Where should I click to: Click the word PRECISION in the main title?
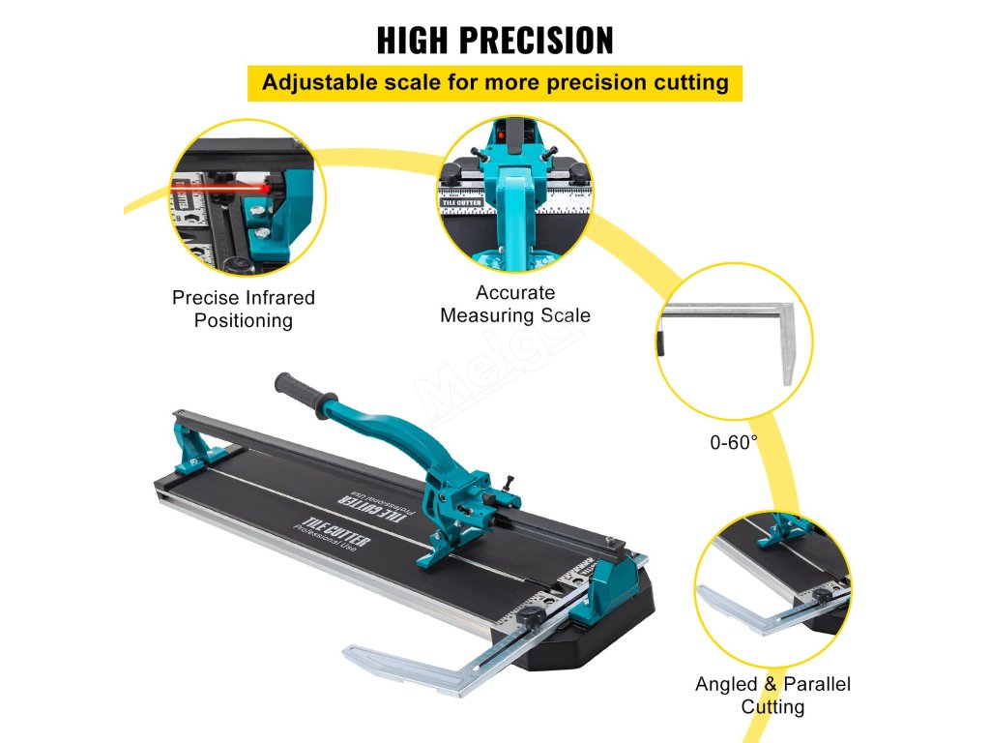pyautogui.click(x=535, y=41)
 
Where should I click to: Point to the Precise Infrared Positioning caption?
pyautogui.click(x=244, y=309)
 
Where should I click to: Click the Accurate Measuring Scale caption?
pyautogui.click(x=515, y=304)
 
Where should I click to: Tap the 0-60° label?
pyautogui.click(x=734, y=443)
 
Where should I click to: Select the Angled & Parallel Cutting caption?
pyautogui.click(x=772, y=696)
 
